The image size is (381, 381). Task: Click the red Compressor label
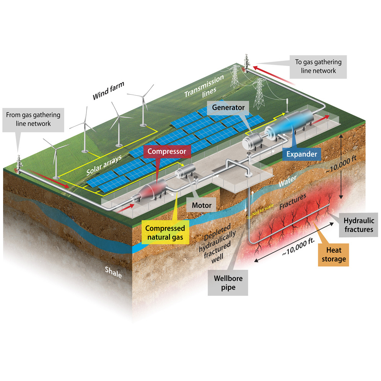tap(167, 151)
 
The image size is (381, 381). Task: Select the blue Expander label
tap(301, 154)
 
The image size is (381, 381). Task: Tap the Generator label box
tap(228, 107)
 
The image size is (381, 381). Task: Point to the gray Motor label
tap(202, 205)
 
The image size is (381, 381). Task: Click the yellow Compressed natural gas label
tap(165, 233)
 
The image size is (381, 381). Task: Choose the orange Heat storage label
tap(334, 255)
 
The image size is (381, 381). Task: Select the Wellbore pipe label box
tap(228, 283)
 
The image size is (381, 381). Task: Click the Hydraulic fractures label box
tap(359, 225)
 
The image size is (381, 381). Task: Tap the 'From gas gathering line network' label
tap(33, 119)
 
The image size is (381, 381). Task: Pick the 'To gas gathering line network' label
tap(318, 66)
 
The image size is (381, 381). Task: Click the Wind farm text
tap(108, 91)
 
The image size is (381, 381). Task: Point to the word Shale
tap(113, 272)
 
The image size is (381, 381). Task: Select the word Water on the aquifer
tap(287, 181)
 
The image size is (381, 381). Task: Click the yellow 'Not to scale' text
tap(263, 210)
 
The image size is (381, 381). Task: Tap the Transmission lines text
tap(204, 87)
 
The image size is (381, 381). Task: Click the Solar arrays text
tap(104, 165)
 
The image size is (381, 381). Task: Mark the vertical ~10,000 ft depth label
tap(341, 164)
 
